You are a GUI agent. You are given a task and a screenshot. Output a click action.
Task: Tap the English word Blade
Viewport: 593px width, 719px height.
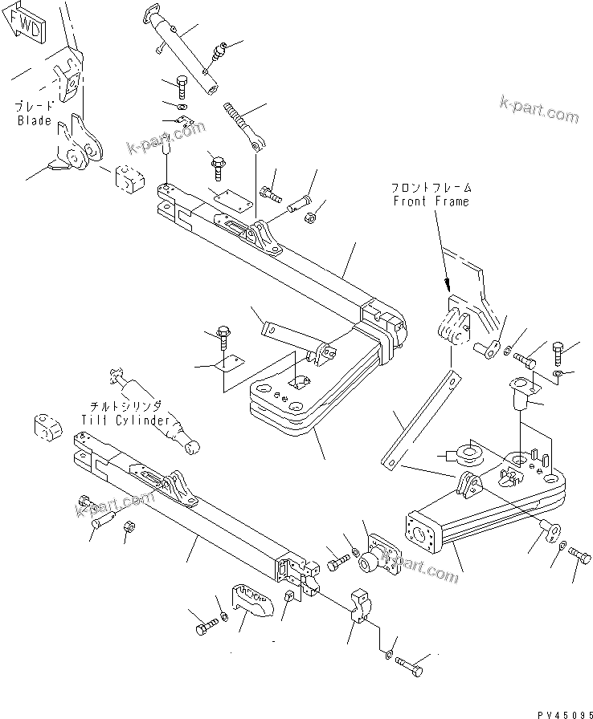(35, 120)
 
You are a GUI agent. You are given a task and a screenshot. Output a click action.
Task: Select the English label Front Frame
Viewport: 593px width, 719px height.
(431, 201)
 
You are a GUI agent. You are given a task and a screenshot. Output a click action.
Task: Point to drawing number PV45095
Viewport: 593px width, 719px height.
(558, 709)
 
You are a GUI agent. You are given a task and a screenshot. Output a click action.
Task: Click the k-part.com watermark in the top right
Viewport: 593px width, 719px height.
(538, 112)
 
